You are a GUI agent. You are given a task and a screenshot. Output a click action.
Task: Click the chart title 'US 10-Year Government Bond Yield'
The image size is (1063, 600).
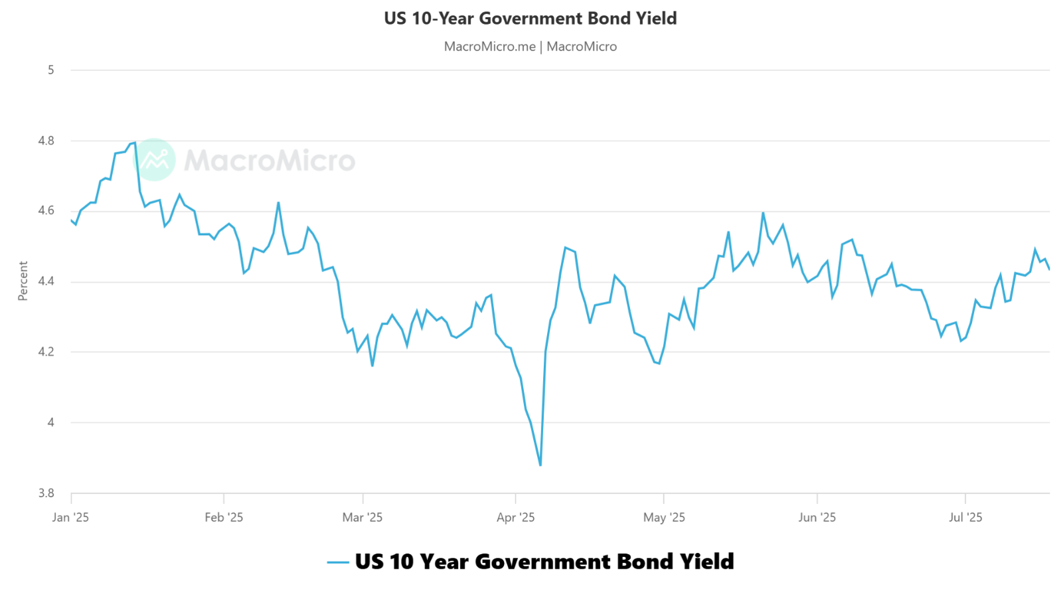click(530, 19)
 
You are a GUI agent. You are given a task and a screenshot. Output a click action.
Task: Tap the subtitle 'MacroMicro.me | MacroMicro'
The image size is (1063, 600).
click(530, 46)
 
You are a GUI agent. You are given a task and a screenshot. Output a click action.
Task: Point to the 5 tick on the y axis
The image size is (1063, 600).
click(50, 70)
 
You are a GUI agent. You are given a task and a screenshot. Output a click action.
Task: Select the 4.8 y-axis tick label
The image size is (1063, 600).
click(46, 141)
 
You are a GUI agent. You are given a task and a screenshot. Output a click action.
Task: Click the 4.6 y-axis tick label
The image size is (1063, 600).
click(46, 210)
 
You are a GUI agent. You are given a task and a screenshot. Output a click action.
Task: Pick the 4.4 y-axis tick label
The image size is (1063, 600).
click(46, 281)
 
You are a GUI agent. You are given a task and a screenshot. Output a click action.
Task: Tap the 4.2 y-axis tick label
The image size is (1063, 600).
click(46, 352)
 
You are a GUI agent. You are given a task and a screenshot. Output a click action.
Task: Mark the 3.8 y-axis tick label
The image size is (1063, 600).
click(46, 493)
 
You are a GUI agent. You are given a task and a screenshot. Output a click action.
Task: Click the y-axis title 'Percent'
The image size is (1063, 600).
click(23, 281)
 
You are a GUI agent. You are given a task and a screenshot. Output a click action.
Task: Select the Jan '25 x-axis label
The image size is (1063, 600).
click(70, 518)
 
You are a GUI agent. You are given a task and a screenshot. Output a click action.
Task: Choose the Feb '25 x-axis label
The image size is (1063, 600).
click(224, 518)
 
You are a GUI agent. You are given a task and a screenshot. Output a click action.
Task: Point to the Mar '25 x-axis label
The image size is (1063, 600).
click(363, 518)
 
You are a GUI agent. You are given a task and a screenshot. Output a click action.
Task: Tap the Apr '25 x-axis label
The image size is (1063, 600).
click(516, 518)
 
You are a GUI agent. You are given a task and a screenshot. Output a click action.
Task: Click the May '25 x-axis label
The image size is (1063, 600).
click(664, 518)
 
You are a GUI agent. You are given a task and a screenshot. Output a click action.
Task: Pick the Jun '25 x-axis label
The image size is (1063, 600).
click(817, 518)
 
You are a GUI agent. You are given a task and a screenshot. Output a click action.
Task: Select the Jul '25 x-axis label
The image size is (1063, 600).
click(965, 518)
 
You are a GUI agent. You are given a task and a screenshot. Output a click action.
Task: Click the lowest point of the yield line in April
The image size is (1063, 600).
click(540, 465)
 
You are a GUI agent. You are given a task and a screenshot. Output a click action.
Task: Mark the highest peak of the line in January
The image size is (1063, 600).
click(135, 142)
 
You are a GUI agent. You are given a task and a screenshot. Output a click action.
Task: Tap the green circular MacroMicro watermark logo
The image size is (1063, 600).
click(154, 160)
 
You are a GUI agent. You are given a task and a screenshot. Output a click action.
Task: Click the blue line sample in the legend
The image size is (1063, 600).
click(338, 563)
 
